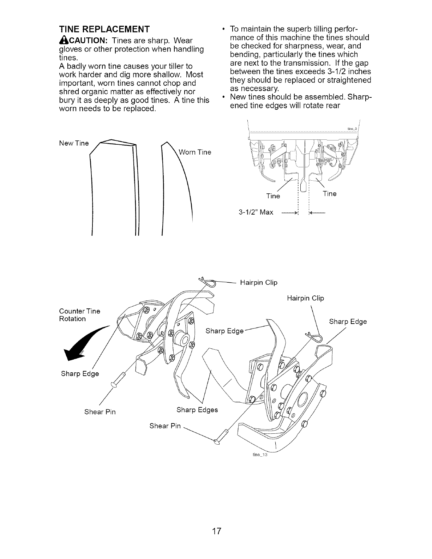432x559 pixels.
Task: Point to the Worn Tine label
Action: [x=195, y=152]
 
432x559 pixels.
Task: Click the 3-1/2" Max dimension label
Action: [x=256, y=212]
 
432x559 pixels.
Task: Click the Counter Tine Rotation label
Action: [x=79, y=315]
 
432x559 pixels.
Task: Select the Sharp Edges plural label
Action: [x=197, y=410]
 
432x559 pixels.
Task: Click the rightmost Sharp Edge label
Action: [x=348, y=321]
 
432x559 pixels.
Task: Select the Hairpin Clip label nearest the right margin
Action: [x=305, y=298]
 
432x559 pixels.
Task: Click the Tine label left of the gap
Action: [x=273, y=196]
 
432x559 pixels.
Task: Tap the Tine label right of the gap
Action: [x=330, y=194]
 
